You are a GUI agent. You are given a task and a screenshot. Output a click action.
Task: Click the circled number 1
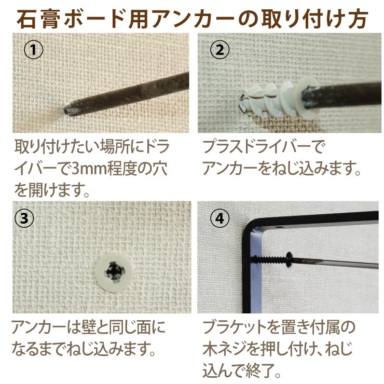[33, 50]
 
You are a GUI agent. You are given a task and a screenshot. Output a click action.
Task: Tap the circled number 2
[218, 50]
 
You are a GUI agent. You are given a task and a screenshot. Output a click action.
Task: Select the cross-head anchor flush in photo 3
[114, 271]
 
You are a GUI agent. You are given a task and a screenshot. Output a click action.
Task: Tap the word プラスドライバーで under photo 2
[263, 147]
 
